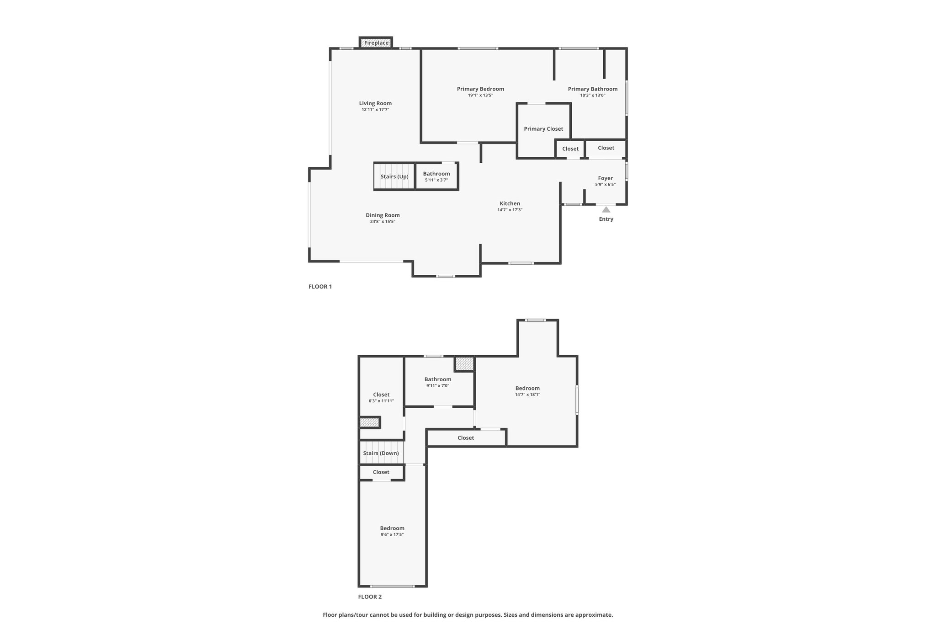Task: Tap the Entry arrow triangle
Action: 606,210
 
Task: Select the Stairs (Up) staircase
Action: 394,176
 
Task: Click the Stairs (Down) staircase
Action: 381,453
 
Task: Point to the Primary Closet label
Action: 543,129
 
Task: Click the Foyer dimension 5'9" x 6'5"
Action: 606,185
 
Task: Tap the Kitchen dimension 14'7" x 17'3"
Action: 510,210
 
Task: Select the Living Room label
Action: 375,103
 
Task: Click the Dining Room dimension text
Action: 383,222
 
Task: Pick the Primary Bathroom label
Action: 593,89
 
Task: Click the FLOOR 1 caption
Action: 320,287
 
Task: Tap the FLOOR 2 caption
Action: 370,597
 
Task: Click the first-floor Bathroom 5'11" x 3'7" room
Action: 436,176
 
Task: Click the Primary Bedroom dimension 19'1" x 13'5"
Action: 480,96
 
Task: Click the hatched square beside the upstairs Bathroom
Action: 464,364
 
